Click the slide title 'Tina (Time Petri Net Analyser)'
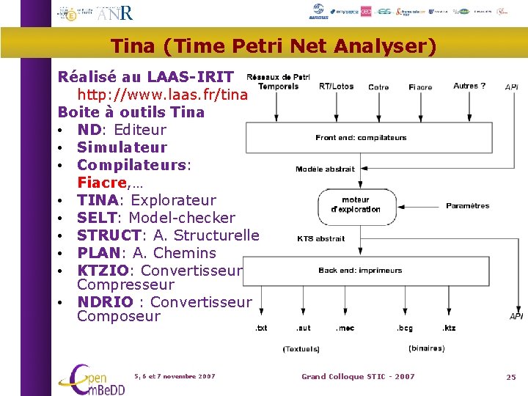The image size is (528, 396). [x=273, y=47]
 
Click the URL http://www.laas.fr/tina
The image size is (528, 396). [x=163, y=95]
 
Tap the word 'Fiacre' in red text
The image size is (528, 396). [x=103, y=182]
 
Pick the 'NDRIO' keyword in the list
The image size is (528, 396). [x=105, y=302]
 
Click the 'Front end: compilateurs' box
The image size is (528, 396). [x=361, y=137]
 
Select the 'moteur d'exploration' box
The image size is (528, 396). [x=356, y=204]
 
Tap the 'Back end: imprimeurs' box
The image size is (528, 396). [x=360, y=271]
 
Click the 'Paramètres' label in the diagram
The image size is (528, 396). [x=467, y=206]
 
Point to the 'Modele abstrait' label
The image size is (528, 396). [x=325, y=169]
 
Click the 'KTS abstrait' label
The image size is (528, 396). [x=320, y=238]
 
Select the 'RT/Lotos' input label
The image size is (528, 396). [x=336, y=86]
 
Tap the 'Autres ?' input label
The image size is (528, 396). [x=469, y=86]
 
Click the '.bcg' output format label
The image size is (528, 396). [x=405, y=328]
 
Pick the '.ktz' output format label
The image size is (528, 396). [x=449, y=328]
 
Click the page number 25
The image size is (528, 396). [x=510, y=377]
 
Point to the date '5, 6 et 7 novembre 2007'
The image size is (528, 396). [x=175, y=376]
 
